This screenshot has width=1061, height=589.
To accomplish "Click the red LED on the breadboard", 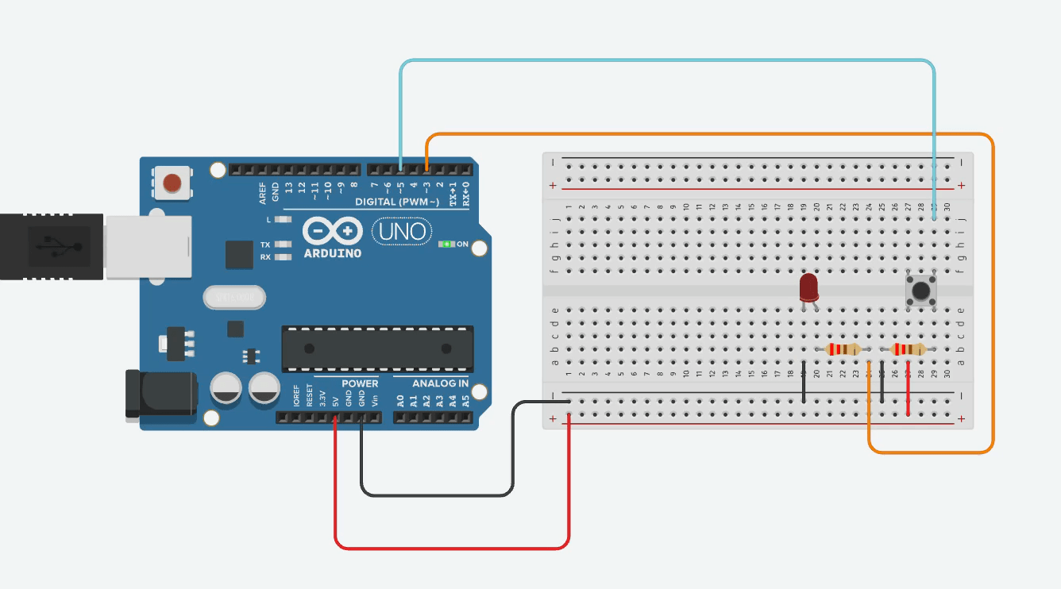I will pos(808,287).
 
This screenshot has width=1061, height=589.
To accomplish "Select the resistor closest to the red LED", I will pos(843,349).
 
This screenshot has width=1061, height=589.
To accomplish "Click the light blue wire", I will pos(667,60).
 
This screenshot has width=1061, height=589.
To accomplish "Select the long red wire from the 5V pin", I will pos(453,548).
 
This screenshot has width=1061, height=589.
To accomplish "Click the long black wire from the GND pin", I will pos(437,495).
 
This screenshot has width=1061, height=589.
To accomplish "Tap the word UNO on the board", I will pos(403,232).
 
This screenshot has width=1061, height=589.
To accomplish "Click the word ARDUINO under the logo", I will pos(332,253).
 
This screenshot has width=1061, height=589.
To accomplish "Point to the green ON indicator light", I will pos(447,244).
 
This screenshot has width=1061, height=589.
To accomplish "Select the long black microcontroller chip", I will pos(377,348).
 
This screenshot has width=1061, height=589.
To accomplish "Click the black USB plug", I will pos(52,246).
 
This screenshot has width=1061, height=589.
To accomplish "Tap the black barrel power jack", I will pos(160,394).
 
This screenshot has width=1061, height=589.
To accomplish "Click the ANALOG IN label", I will pos(440,383).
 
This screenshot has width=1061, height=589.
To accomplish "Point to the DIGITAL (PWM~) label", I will pos(397,202).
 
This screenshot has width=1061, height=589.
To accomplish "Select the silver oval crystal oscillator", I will pos(233,297).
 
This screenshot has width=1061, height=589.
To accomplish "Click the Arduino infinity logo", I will pos(332,231).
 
